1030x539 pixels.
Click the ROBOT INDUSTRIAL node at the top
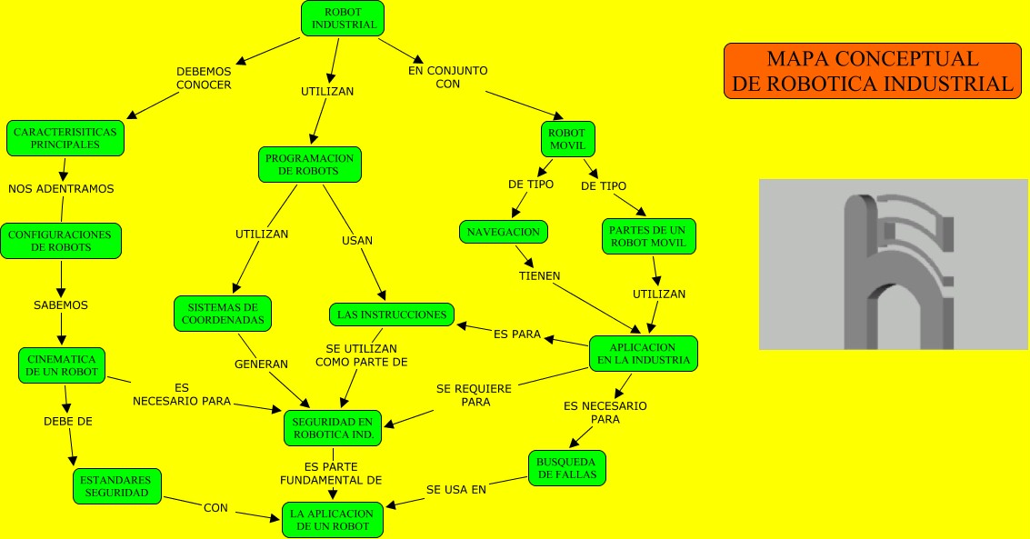point(343,18)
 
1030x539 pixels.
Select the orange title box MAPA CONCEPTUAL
point(873,71)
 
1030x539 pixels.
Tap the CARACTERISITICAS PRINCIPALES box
point(65,138)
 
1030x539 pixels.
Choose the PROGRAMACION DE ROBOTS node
point(309,165)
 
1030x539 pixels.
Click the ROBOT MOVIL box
point(568,139)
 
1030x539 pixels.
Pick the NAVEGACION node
point(504,232)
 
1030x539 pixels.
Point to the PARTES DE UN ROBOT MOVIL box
point(649,236)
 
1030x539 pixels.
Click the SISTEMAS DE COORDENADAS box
point(223,314)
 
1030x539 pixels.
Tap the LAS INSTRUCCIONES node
point(391,314)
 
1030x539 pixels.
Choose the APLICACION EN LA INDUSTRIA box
point(643,354)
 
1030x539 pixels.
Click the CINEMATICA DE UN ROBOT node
point(63,365)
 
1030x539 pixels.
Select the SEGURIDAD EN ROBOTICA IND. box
point(333,428)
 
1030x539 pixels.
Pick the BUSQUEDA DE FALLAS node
point(566,468)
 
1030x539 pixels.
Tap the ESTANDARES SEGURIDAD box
point(116,485)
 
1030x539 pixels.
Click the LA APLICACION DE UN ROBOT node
point(332,520)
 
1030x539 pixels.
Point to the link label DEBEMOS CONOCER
point(204,77)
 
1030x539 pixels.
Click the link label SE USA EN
point(456,489)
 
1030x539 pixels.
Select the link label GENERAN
point(261,364)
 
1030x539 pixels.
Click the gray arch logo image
point(893,265)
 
